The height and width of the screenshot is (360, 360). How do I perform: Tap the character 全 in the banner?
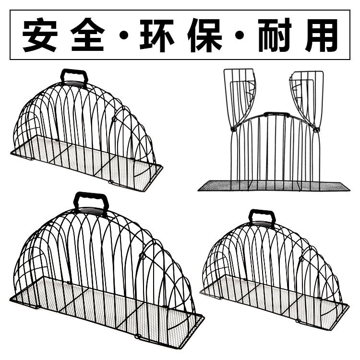point(87,35)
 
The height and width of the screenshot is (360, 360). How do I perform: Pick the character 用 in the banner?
point(321,35)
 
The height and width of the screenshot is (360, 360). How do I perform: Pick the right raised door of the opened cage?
point(307,96)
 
